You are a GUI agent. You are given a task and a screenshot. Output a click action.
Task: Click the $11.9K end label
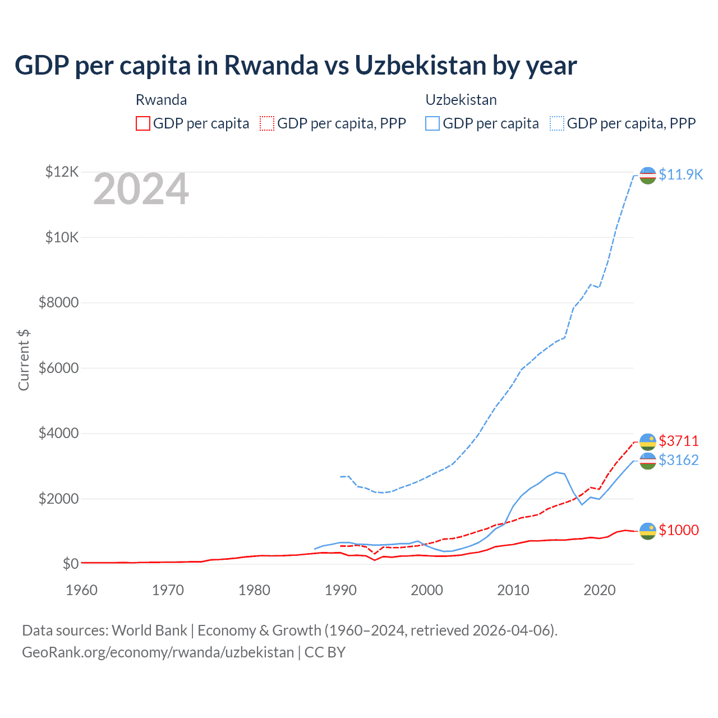pos(680,174)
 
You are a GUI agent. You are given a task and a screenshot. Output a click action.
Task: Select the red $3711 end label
pos(679,441)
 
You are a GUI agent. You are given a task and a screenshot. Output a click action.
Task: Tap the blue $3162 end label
pos(679,460)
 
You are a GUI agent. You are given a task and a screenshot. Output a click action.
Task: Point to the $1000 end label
pos(679,530)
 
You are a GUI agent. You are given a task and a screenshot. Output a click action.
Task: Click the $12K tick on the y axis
pos(62,172)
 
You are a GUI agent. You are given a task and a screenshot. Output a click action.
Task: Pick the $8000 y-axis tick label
pos(58,303)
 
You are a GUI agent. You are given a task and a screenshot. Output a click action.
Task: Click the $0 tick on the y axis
pos(70,564)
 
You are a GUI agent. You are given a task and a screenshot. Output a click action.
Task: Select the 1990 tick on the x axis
pos(340,590)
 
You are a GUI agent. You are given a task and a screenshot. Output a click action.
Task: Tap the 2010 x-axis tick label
pos(513,590)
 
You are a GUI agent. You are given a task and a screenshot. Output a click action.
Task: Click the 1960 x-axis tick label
pos(82,590)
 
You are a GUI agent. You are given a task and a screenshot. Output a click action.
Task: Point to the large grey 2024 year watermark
pos(141,189)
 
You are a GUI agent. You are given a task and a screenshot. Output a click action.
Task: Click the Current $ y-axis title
pos(24,360)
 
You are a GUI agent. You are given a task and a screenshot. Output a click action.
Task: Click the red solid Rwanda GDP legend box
pos(143,123)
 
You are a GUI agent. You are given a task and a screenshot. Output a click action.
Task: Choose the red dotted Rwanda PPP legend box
pos(267,123)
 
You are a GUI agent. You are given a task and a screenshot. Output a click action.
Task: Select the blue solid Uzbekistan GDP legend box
pos(432,123)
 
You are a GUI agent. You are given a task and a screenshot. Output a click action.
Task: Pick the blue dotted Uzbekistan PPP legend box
pos(557,123)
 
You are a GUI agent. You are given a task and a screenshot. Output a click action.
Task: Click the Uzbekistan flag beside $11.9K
pos(648,175)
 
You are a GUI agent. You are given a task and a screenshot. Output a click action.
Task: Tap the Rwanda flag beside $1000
pos(648,531)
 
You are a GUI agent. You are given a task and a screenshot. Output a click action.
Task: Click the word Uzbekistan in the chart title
pos(420,66)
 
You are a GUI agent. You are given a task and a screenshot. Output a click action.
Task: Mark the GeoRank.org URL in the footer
pos(158,652)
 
